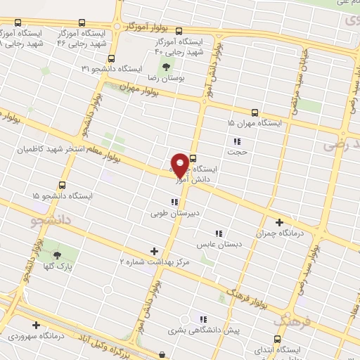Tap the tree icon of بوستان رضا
point(167,68)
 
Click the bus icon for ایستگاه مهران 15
point(254,112)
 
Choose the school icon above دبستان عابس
point(219,233)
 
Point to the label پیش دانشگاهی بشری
point(204,329)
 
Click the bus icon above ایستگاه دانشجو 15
point(63,185)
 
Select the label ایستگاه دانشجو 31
point(112,69)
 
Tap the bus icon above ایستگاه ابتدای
point(276,339)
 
